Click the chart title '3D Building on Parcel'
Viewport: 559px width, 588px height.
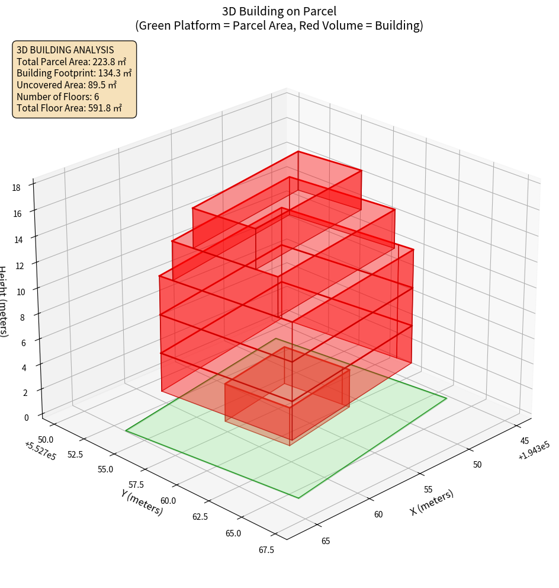pos(279,11)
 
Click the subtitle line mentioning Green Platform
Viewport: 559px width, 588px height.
pos(279,25)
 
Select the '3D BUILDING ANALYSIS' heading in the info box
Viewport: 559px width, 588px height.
pos(65,50)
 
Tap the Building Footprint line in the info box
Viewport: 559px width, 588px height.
pos(74,73)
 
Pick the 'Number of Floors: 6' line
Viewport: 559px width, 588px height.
pos(57,96)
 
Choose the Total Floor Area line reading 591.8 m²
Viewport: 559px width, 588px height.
pos(69,108)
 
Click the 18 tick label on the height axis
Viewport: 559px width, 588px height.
pos(16,188)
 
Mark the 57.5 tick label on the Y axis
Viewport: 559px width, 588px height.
pos(136,485)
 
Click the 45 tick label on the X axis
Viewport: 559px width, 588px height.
pos(525,440)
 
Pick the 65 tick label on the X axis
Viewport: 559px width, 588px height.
pos(326,540)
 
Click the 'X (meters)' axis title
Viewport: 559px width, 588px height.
pos(432,503)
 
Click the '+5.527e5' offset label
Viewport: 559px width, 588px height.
pos(41,451)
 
